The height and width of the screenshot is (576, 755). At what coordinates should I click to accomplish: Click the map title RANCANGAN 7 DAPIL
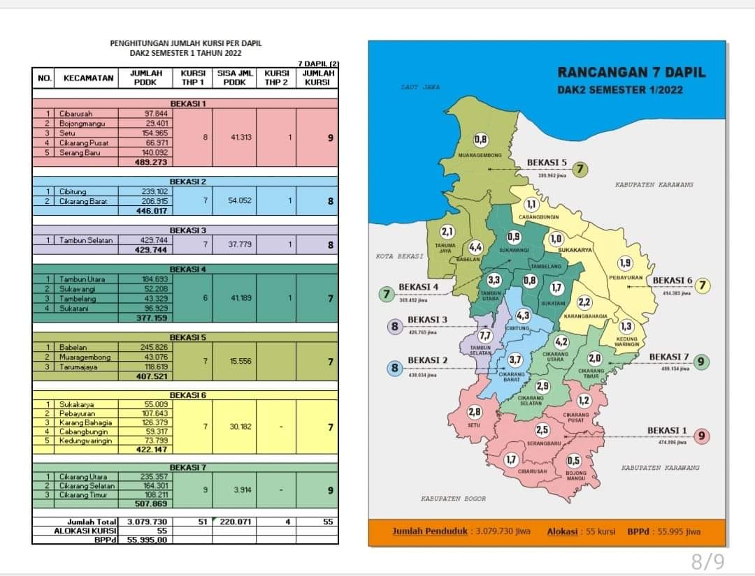(x=631, y=73)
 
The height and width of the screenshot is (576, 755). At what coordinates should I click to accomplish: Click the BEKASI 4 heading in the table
(x=187, y=269)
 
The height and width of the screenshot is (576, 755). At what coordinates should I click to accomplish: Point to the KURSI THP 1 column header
(x=193, y=77)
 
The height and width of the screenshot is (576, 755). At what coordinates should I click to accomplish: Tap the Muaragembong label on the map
(x=480, y=155)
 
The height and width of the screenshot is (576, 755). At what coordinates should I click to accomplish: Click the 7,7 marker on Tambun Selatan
(x=485, y=335)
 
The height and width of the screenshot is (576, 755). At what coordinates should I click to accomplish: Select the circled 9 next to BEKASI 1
(x=700, y=436)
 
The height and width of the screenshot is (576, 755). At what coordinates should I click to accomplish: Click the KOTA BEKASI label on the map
(x=399, y=256)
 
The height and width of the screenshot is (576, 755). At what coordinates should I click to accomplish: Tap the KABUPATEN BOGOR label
(x=453, y=499)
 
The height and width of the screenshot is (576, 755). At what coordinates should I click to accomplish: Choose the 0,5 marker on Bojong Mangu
(x=574, y=460)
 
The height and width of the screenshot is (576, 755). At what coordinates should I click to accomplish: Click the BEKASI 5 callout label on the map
(x=547, y=163)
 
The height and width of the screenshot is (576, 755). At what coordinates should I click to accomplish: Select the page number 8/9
(x=707, y=560)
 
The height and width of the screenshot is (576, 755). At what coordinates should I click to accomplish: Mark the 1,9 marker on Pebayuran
(x=625, y=263)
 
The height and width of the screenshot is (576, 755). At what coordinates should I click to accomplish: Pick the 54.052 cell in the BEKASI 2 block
(x=236, y=200)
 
